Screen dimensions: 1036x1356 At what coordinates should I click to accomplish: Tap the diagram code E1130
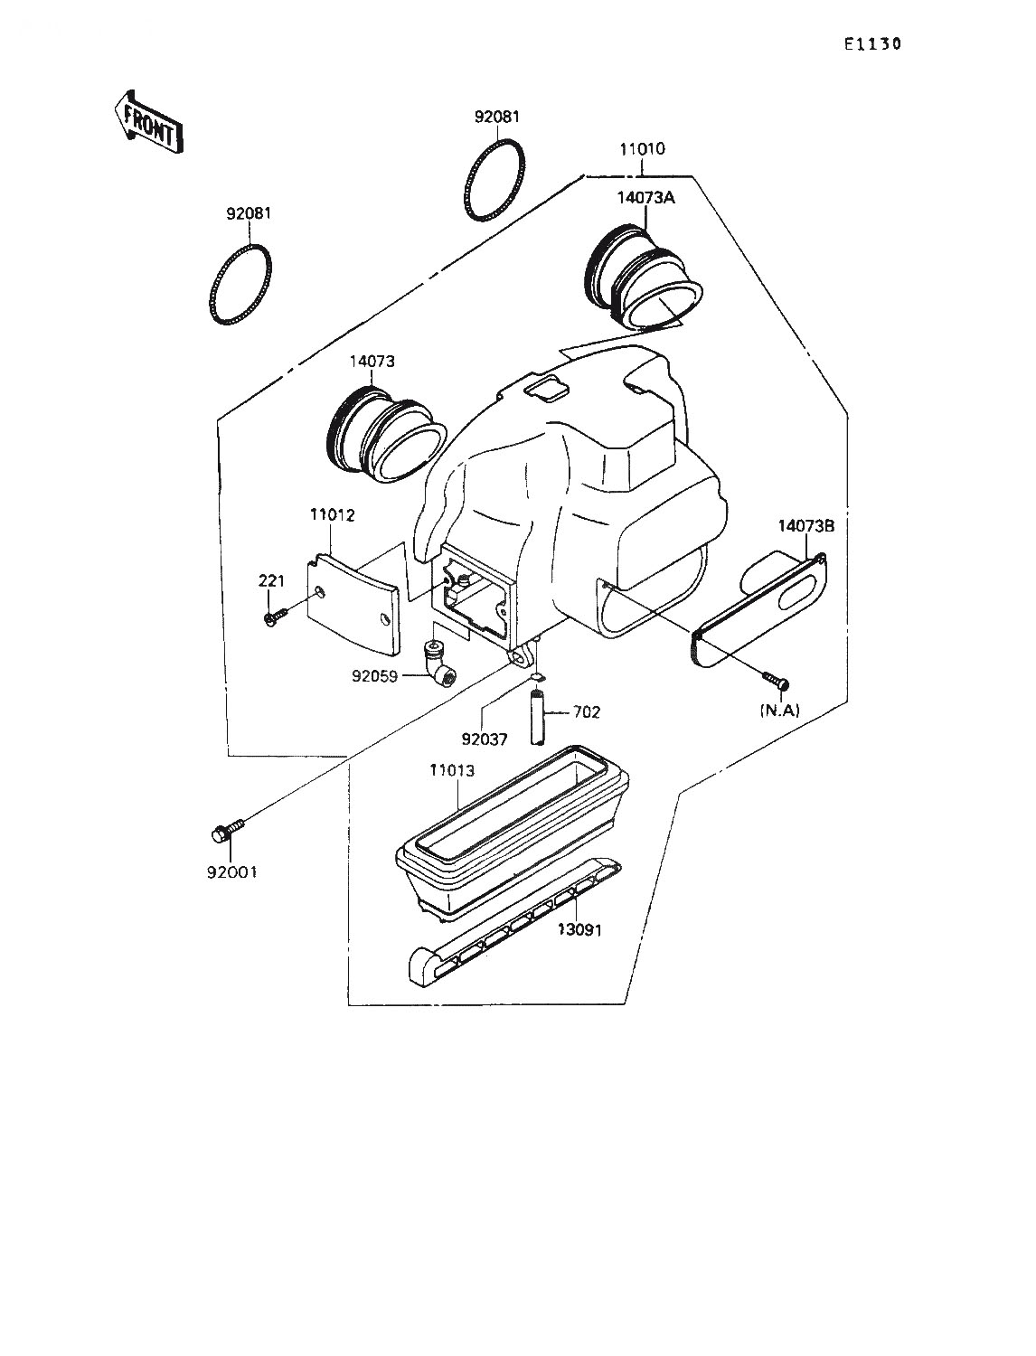coord(873,44)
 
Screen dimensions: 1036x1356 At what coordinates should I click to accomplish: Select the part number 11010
coord(643,149)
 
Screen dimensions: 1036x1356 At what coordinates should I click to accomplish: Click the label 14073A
coord(646,198)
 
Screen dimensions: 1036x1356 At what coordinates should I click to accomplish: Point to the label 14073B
coord(806,526)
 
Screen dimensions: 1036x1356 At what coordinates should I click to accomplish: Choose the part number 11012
coord(333,514)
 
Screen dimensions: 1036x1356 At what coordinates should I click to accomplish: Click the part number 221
coord(271,580)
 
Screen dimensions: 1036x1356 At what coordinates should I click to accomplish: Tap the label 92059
coord(375,676)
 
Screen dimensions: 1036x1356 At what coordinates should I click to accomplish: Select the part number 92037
coord(485,739)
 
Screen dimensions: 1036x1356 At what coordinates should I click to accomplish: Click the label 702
coord(587,712)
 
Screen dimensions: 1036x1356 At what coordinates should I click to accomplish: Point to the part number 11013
coord(452,770)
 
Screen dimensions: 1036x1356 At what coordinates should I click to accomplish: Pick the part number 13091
coord(579,947)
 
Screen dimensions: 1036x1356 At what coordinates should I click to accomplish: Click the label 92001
coord(231,872)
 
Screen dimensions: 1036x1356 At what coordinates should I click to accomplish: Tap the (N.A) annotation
coord(779,711)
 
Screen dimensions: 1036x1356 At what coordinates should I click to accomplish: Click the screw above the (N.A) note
coord(777,681)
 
